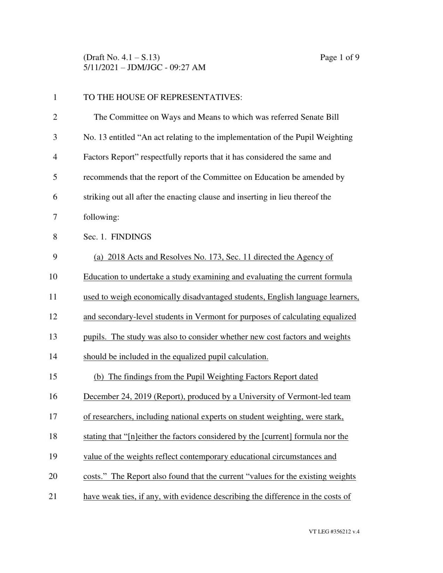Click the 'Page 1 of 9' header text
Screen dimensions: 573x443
[339, 57]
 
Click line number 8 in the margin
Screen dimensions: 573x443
[55, 237]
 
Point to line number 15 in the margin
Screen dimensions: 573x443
[53, 377]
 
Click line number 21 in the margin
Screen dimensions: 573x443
[53, 496]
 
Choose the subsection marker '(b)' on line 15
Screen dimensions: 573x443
[99, 377]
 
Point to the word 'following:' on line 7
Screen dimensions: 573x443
[101, 217]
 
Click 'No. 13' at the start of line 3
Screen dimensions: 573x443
[95, 137]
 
